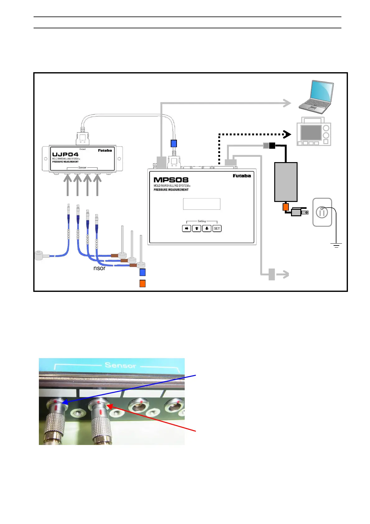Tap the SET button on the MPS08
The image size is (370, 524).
pos(217,228)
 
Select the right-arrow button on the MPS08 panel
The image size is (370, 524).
pos(186,228)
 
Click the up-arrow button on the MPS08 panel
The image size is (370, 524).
pos(197,228)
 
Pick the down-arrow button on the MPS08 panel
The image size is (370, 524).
pos(206,228)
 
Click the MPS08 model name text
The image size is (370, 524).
pos(171,180)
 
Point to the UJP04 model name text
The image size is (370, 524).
pos(65,154)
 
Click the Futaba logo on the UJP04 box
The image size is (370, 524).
pos(105,151)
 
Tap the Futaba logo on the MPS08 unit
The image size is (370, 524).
pos(242,176)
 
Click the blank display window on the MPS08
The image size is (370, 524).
pos(201,204)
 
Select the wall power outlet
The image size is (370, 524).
pos(322,212)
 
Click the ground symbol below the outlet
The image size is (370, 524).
pos(336,245)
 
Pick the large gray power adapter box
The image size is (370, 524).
pos(286,182)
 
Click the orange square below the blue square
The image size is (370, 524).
pos(142,283)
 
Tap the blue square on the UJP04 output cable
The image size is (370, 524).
pos(174,143)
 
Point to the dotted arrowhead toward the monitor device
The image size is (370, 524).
pos(287,134)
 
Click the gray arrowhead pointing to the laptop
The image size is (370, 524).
pos(287,103)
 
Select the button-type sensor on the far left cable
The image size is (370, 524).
pos(40,255)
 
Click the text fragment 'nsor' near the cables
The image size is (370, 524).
pos(99,268)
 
